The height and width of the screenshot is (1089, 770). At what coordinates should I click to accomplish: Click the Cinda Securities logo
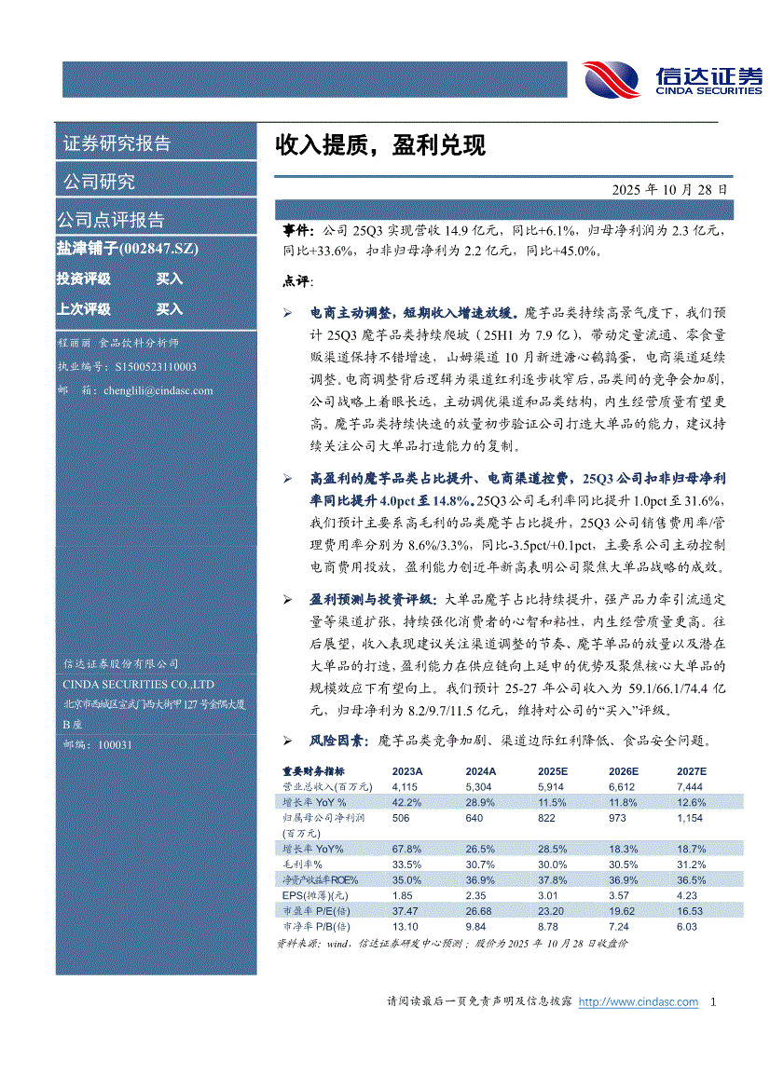pyautogui.click(x=672, y=78)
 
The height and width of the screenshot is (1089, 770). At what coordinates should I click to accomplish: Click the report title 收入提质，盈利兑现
pyautogui.click(x=379, y=145)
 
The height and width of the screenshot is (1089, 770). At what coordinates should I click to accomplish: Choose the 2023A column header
pyautogui.click(x=407, y=771)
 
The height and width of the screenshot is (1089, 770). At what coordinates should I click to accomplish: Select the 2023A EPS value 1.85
pyautogui.click(x=403, y=895)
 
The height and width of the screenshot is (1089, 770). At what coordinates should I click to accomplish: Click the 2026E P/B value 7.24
pyautogui.click(x=619, y=927)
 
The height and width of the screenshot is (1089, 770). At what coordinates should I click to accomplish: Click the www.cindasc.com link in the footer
pyautogui.click(x=639, y=1002)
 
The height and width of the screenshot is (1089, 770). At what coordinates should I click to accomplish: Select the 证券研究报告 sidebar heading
pyautogui.click(x=117, y=143)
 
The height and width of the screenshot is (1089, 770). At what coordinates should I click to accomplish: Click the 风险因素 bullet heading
pyautogui.click(x=339, y=742)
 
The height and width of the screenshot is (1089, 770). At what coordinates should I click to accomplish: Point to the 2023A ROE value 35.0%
pyautogui.click(x=406, y=880)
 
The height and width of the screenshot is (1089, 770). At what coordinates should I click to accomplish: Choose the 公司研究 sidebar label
pyautogui.click(x=99, y=181)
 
